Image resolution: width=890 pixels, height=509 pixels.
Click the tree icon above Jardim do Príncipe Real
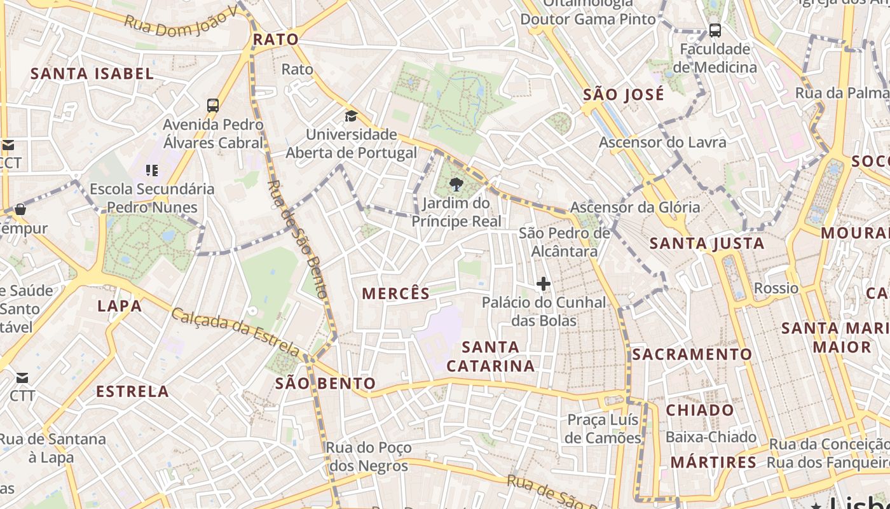pos(456,185)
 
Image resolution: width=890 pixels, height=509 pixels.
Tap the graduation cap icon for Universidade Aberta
pos(351,116)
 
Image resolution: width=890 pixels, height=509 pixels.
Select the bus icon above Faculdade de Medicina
pos(715,30)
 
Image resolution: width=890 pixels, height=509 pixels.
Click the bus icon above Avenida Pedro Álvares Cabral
pos(213,105)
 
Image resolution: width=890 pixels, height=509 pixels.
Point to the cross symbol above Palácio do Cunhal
pos(544,284)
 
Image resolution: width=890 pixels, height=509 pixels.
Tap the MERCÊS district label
pos(396,293)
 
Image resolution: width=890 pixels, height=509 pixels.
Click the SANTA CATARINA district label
pos(491,356)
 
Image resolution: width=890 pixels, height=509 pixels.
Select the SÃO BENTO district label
pos(325,384)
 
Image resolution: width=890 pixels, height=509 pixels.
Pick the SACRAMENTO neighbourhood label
pos(692,354)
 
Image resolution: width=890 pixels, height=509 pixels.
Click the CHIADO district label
pos(700,410)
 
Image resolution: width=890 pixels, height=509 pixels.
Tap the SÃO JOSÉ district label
pos(624,95)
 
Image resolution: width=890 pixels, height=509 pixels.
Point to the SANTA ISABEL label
pos(92,74)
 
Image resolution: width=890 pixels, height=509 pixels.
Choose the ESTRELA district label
pos(132,391)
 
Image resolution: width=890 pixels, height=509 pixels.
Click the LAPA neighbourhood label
pos(120,306)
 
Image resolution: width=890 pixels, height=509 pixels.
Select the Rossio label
pos(776,288)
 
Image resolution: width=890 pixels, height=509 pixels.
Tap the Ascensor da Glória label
pos(634,207)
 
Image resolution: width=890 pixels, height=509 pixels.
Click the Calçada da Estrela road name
pos(235,332)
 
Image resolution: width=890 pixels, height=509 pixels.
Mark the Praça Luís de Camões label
pos(603,429)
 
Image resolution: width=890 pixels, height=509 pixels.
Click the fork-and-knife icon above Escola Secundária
pos(151,170)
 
